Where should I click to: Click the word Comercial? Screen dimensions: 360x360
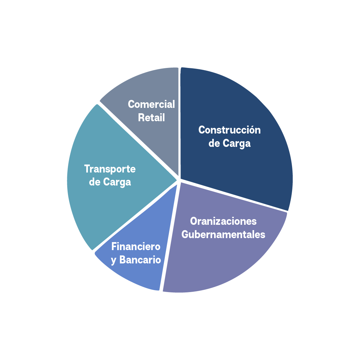click(151, 104)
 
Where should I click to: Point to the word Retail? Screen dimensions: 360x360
click(151, 118)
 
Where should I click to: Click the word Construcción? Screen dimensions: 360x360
click(229, 130)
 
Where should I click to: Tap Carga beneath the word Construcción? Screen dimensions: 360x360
click(236, 144)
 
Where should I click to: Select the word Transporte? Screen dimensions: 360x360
click(110, 169)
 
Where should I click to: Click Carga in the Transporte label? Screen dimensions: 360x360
click(117, 182)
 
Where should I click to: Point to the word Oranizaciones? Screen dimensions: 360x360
click(223, 221)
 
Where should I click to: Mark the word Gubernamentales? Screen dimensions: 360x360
click(223, 234)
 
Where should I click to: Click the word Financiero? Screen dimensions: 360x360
click(136, 246)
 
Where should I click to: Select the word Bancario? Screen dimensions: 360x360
click(140, 260)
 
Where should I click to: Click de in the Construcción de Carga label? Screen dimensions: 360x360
click(214, 143)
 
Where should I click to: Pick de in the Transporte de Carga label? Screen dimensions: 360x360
click(95, 182)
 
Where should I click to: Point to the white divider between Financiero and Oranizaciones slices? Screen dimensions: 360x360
click(170, 236)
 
